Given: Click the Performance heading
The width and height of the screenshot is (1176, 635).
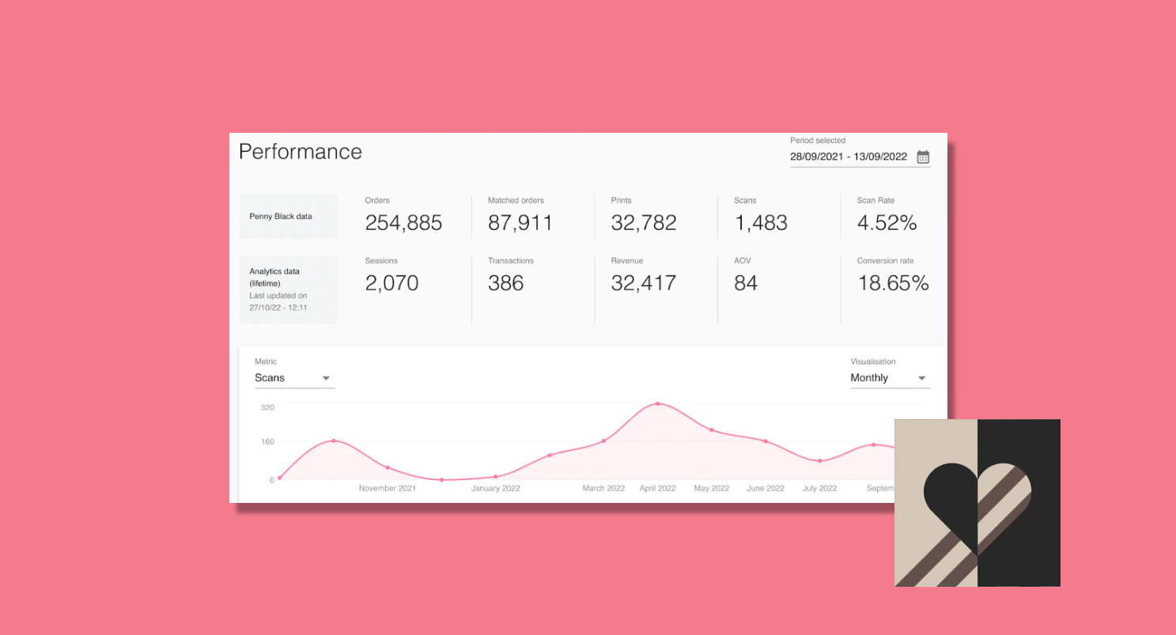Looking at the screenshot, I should [301, 152].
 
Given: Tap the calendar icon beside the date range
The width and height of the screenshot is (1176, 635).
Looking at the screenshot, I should [923, 157].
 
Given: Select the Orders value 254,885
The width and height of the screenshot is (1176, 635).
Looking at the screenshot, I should [403, 223].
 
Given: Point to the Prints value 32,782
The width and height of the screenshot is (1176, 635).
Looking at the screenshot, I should [644, 223].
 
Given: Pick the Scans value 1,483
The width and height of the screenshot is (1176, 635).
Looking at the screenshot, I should [761, 223].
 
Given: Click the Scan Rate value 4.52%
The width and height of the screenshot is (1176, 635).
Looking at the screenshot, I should [887, 223].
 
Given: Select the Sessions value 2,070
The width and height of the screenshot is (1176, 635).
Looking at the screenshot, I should [391, 283].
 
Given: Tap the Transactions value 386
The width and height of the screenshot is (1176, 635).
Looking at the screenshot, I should [506, 283].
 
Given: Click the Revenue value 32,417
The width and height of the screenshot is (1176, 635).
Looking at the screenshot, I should [644, 283].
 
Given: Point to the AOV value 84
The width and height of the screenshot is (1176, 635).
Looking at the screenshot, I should [746, 283].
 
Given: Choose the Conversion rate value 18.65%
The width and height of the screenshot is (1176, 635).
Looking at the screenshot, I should [893, 283].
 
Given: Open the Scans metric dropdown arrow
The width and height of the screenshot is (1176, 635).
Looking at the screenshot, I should [326, 379].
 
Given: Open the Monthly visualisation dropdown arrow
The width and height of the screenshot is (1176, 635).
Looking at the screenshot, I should [921, 379].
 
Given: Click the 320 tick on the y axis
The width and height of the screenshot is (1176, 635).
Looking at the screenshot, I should [267, 407].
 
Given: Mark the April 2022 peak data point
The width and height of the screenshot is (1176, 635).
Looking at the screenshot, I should [658, 404].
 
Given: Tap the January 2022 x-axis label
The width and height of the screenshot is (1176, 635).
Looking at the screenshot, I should [496, 489].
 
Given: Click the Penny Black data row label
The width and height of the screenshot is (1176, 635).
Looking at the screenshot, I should [281, 216].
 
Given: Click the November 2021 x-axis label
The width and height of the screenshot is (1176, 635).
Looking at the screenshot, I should [388, 489].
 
